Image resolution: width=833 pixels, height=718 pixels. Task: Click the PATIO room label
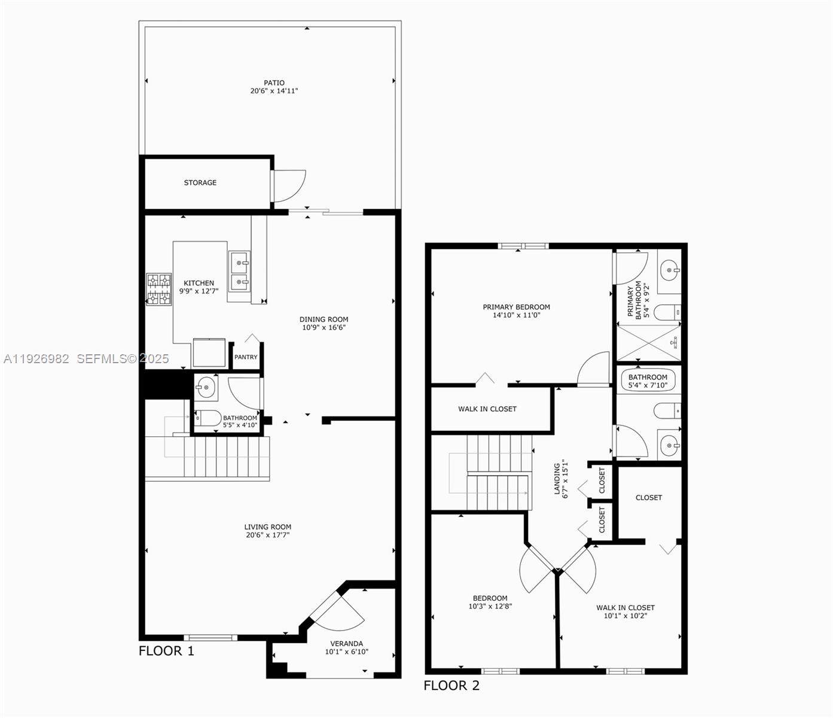point(274,83)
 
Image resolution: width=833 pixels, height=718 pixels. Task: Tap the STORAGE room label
point(200,182)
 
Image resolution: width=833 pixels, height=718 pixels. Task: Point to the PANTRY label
point(246,357)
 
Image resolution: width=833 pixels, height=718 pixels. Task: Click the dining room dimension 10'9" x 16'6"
point(324,327)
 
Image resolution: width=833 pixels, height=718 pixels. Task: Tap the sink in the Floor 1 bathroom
point(206,388)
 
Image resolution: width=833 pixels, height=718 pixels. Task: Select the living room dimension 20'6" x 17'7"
point(267,535)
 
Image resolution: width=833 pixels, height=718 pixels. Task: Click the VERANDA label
point(347,644)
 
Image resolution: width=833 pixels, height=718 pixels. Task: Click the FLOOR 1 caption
point(166,651)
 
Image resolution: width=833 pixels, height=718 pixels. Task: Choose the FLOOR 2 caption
point(451,686)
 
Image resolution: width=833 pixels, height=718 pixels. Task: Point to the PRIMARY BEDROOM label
point(516,307)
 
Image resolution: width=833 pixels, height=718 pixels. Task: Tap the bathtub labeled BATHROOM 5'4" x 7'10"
point(648,381)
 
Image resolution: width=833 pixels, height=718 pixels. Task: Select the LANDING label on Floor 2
point(557,479)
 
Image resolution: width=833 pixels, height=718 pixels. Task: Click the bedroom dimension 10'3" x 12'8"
point(490,606)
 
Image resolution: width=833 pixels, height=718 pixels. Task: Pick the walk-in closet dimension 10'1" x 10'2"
point(625,616)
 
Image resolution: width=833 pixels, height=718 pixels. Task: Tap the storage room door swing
point(291,185)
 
